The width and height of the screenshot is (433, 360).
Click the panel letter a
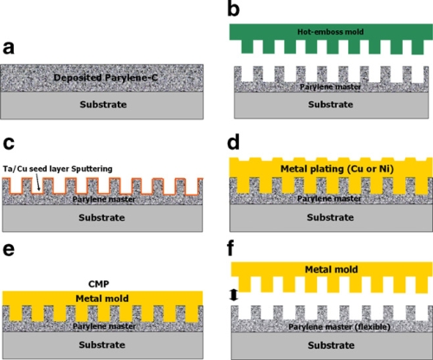tap(9, 48)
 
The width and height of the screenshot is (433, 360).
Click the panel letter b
tap(234, 10)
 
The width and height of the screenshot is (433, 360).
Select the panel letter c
tap(9, 143)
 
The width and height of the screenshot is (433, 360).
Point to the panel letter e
tap(9, 249)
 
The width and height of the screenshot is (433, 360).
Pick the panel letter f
tap(230, 247)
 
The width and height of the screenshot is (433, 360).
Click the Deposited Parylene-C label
tap(106, 78)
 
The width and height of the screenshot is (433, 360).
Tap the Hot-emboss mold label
tap(331, 32)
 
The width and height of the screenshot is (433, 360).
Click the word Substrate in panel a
tap(103, 105)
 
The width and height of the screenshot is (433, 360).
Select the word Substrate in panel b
tap(331, 105)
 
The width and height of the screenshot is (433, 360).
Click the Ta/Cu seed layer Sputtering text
tap(57, 169)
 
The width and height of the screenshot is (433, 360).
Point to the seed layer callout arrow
tap(38, 183)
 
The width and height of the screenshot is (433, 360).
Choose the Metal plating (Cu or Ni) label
tap(337, 169)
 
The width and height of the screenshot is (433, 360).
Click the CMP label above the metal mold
tap(99, 284)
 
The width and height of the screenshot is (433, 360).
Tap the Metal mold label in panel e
tap(102, 299)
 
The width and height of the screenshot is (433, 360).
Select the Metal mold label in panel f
tap(332, 269)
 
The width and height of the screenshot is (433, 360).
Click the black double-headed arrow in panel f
tap(234, 295)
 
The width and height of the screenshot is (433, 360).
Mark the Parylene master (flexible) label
tap(339, 327)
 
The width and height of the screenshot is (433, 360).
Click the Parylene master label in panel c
tap(104, 199)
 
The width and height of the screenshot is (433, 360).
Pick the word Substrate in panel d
tap(330, 217)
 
